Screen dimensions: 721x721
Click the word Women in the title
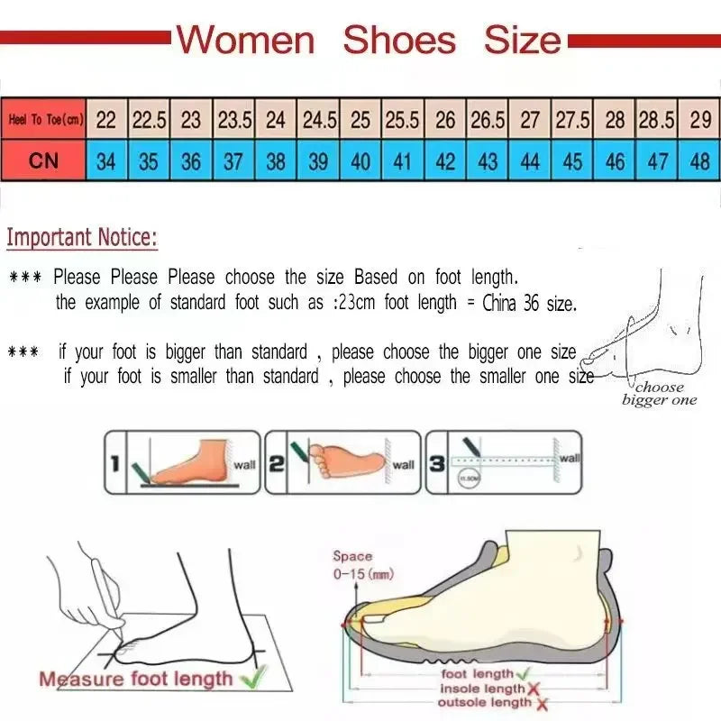pos(245,41)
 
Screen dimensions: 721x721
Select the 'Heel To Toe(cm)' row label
pos(44,120)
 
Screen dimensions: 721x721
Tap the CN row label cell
pos(44,161)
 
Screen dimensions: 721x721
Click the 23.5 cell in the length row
pos(233,120)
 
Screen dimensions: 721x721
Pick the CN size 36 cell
pos(191,162)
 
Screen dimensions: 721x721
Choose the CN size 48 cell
pos(699,162)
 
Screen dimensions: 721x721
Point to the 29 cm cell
pos(699,120)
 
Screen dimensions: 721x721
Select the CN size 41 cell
pos(403,162)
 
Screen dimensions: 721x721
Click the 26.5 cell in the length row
pos(488,120)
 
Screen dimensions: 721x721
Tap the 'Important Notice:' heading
pos(82,239)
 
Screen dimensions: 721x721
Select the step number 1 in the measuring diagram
pos(115,464)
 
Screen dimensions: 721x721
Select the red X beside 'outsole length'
pos(541,703)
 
